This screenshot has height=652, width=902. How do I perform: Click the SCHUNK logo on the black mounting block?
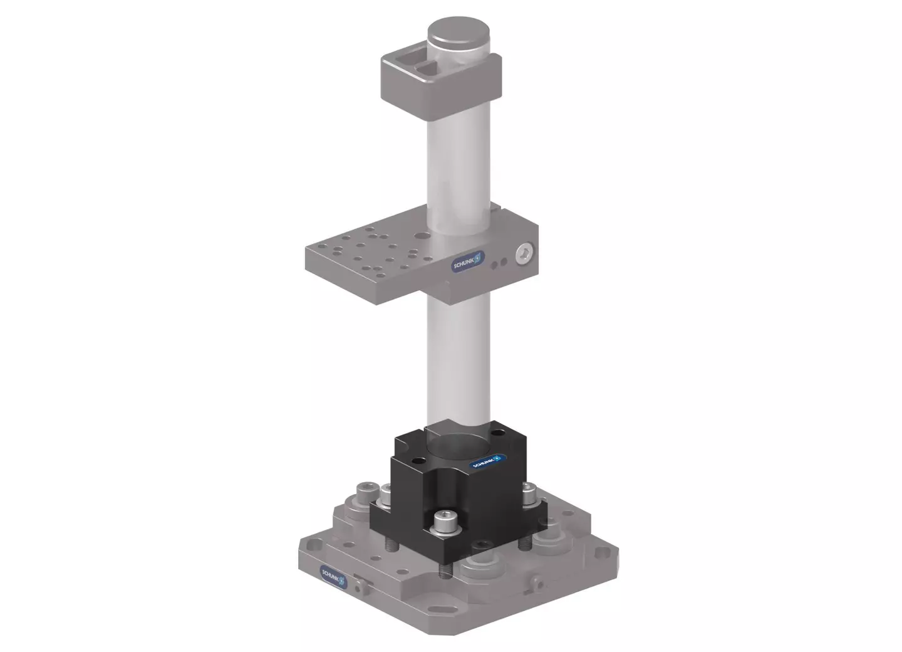(x=487, y=462)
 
